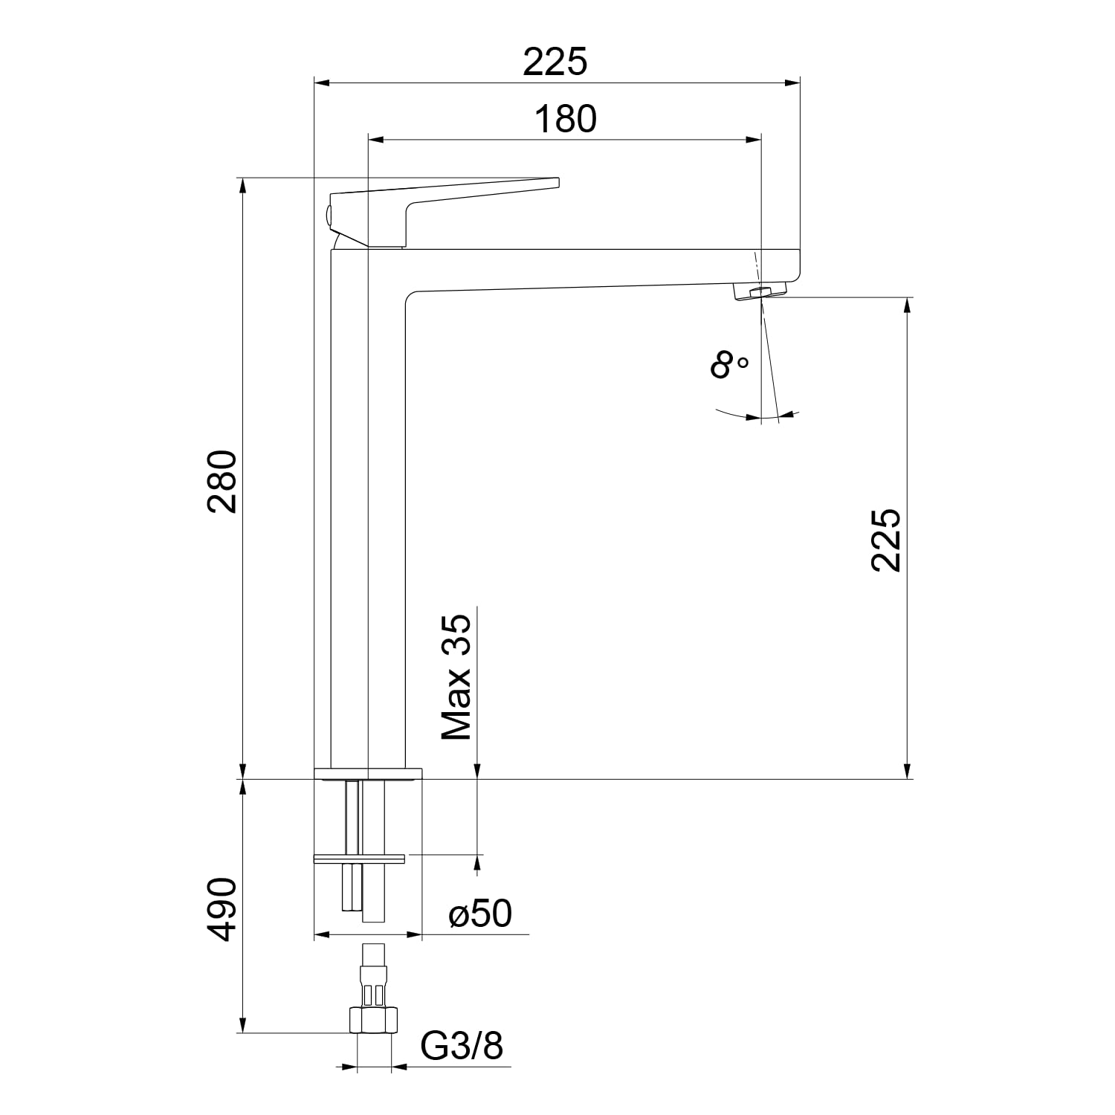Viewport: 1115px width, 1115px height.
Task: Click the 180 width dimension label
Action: [x=565, y=119]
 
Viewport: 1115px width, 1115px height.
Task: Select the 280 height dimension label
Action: [x=222, y=481]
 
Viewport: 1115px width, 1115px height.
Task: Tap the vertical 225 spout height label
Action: [x=886, y=540]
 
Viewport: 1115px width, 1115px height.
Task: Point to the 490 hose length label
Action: [x=222, y=909]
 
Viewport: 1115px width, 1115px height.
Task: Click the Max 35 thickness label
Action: [x=456, y=677]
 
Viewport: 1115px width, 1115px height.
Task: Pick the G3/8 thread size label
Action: [x=462, y=1046]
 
